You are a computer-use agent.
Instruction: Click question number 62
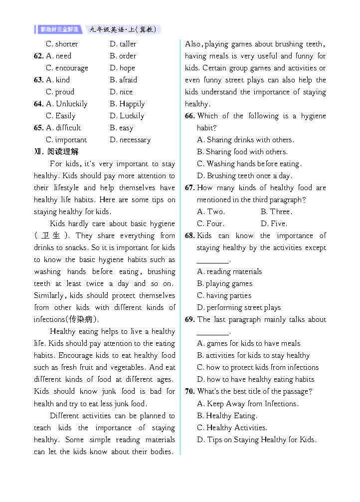click(38, 56)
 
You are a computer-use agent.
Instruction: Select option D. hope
click(122, 68)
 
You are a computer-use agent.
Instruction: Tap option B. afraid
click(123, 80)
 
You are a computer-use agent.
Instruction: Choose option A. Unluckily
click(66, 104)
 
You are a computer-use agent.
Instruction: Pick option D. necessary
click(130, 140)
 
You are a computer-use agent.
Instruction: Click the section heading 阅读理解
click(63, 152)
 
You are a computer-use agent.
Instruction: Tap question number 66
click(189, 116)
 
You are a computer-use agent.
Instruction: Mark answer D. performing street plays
click(239, 307)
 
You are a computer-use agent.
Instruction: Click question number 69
click(189, 319)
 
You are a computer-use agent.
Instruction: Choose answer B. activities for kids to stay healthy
click(253, 355)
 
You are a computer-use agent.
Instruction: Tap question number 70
click(189, 391)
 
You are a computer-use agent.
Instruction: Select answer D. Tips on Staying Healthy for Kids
click(257, 440)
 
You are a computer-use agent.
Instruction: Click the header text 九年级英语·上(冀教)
click(123, 29)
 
